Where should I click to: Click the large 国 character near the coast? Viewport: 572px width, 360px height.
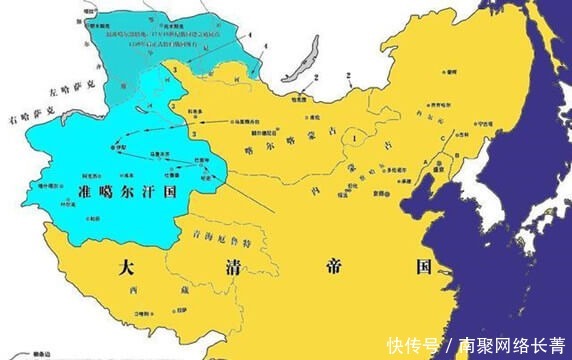424,267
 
